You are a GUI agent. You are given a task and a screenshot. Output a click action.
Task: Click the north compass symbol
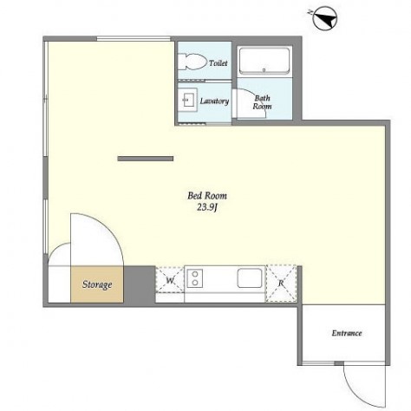point(325,18)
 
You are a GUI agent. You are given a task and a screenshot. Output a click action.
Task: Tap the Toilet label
point(219,62)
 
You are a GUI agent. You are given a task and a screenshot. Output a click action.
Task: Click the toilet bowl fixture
point(192,62)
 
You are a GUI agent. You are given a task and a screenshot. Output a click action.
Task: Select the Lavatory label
point(214,101)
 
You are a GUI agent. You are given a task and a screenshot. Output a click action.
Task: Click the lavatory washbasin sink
point(187,100)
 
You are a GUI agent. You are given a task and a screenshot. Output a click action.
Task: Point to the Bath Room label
point(262,102)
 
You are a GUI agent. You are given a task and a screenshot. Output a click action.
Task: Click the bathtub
point(264,61)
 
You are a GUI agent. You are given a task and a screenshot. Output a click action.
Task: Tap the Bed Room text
point(207,196)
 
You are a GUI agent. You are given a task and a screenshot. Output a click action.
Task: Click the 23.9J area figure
point(207,207)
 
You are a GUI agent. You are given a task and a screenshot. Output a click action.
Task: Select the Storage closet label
point(97,284)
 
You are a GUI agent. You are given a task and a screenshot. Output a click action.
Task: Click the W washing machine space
point(170,280)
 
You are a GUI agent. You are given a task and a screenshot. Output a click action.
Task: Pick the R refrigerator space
point(281,284)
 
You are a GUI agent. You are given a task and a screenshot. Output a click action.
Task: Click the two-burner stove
point(195,278)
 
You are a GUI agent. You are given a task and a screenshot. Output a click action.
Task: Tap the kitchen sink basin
point(250,278)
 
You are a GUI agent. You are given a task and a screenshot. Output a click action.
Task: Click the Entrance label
point(347,333)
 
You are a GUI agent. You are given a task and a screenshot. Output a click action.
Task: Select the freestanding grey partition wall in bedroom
point(146,159)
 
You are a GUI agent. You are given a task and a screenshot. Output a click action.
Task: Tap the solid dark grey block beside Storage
point(140,284)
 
